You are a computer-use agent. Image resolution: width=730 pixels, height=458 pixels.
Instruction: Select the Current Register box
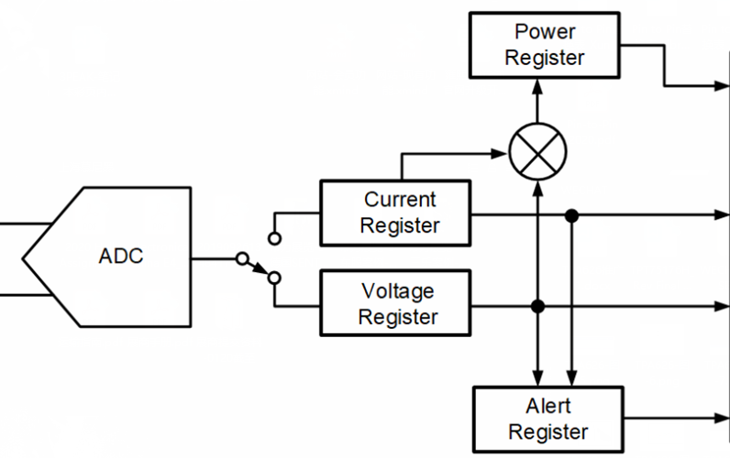(394, 213)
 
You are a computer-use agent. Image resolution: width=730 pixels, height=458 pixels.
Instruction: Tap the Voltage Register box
(394, 304)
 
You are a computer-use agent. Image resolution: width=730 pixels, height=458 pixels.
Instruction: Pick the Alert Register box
(548, 419)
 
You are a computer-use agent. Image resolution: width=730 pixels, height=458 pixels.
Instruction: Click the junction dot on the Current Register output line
(571, 216)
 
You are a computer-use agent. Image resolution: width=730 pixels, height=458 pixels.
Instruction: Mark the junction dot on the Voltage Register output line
(538, 306)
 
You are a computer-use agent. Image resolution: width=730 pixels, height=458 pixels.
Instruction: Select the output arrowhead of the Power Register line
(724, 87)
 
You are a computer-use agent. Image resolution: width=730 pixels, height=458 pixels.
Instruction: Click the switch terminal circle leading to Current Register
(273, 238)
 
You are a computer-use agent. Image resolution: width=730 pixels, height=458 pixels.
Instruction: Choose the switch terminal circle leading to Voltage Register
(273, 277)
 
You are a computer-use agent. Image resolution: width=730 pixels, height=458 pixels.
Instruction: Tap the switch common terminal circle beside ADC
(240, 258)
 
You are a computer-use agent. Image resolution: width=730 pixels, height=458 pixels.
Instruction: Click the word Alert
(548, 407)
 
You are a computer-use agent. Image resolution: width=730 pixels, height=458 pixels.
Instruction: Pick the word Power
(545, 32)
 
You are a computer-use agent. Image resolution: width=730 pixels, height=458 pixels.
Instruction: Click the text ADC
(121, 256)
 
